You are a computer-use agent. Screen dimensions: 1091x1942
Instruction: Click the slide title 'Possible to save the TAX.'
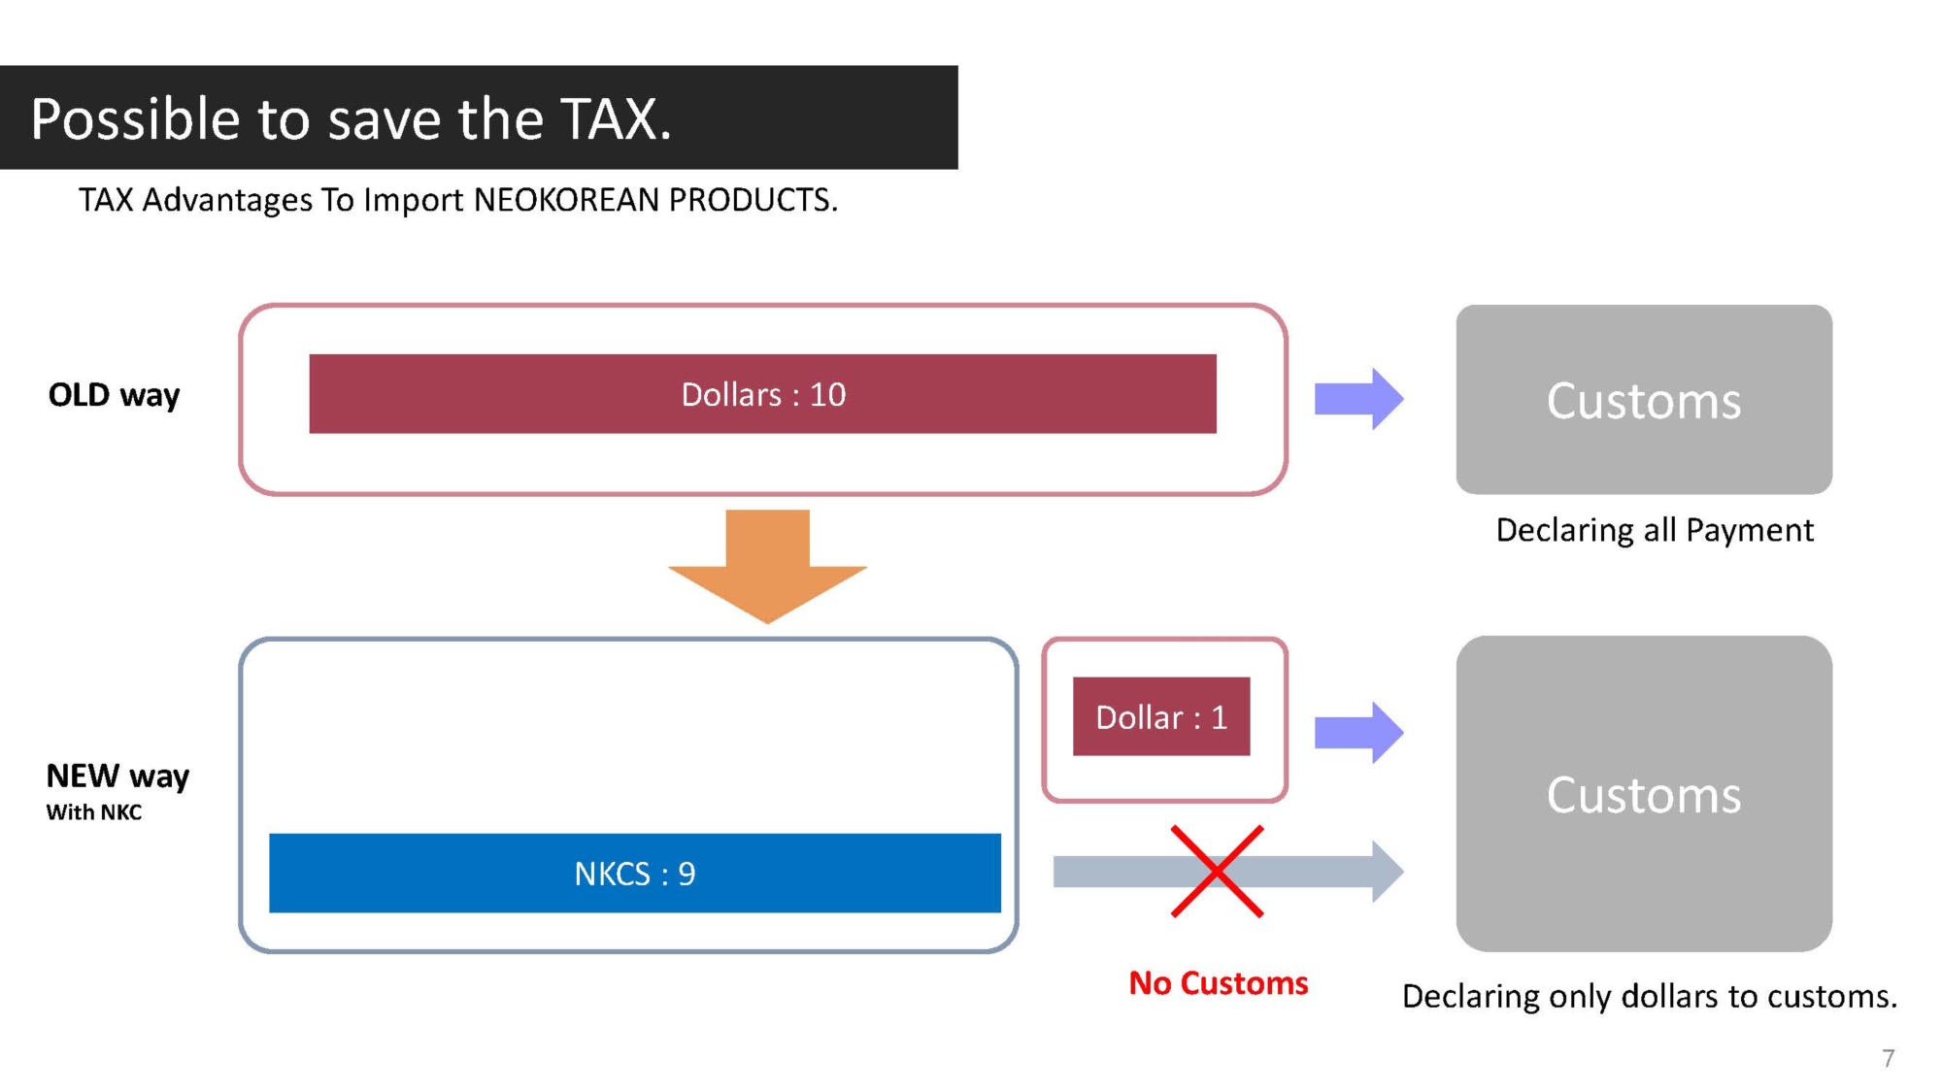[351, 119]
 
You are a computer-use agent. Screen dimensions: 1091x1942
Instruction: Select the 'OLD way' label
[115, 395]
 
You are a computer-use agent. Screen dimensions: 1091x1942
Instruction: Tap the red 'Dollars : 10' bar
[762, 394]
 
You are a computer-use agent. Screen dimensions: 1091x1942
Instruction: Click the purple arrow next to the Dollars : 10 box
[1357, 398]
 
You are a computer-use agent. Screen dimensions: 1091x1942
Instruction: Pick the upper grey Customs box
[1643, 400]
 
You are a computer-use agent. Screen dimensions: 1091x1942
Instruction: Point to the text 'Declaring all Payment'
[1654, 530]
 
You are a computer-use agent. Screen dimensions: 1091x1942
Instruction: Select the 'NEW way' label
[117, 776]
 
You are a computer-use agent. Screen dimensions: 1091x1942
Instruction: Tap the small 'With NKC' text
[94, 812]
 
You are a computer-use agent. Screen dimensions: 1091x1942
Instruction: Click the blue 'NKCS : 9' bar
[634, 874]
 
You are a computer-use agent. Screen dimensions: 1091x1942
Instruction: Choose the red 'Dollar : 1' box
[1161, 717]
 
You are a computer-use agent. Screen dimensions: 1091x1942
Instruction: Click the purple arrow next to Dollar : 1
[1357, 732]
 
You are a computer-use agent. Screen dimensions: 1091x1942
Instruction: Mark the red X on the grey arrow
[1217, 872]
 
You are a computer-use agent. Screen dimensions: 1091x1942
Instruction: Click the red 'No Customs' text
[1218, 983]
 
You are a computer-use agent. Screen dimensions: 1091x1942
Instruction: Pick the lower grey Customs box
[1643, 794]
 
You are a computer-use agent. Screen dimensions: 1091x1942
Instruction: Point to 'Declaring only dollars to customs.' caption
[1649, 997]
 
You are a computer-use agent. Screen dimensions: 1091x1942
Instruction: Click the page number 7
[1888, 1058]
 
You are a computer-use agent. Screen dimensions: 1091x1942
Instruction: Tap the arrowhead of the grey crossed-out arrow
[1387, 872]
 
